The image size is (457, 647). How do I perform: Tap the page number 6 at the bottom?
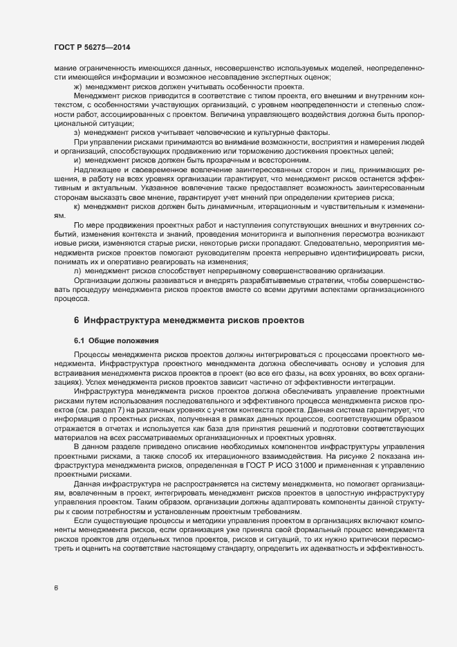coord(56,588)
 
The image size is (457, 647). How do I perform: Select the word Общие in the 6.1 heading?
coord(105,340)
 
